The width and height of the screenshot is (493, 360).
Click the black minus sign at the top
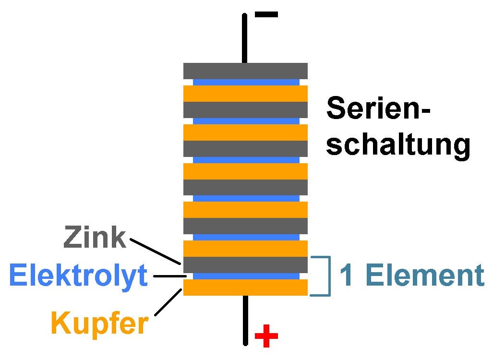(x=266, y=14)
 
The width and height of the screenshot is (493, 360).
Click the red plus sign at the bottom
(x=266, y=336)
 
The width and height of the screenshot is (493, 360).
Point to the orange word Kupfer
(x=99, y=323)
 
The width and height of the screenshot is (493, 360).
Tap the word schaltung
(x=398, y=145)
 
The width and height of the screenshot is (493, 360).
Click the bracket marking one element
(x=329, y=276)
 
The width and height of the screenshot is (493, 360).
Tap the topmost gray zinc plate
(x=245, y=71)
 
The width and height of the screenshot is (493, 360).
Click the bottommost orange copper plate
(x=245, y=287)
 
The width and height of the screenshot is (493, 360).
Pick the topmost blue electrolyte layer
(x=245, y=82)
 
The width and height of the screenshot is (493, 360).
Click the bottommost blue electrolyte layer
(x=245, y=276)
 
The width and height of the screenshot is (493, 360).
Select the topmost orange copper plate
(x=245, y=93)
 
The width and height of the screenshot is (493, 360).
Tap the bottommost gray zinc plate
(x=245, y=264)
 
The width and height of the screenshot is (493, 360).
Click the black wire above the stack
(x=245, y=38)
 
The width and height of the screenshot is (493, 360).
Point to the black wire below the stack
(x=245, y=319)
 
